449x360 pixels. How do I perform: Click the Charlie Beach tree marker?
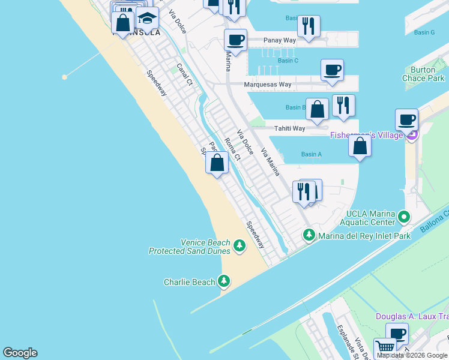click(224, 281)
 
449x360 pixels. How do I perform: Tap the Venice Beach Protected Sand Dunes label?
click(190, 247)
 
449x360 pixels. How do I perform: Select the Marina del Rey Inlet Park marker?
click(309, 235)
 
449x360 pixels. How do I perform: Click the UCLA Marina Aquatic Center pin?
click(405, 216)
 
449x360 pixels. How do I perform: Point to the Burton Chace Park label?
click(423, 74)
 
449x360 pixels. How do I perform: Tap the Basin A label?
click(312, 154)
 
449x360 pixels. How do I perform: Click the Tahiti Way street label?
click(290, 128)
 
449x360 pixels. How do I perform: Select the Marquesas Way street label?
click(268, 85)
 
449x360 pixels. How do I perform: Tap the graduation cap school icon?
click(147, 19)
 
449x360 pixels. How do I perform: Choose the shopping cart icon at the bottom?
click(385, 347)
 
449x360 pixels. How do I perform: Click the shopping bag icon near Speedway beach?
click(217, 163)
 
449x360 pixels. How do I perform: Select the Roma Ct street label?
click(232, 149)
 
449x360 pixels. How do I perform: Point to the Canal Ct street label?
click(184, 74)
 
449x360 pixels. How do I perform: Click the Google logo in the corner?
click(20, 353)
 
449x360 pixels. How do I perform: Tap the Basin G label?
click(424, 32)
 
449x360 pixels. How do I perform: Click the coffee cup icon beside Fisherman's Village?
click(407, 119)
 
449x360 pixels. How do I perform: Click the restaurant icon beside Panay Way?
click(309, 26)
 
